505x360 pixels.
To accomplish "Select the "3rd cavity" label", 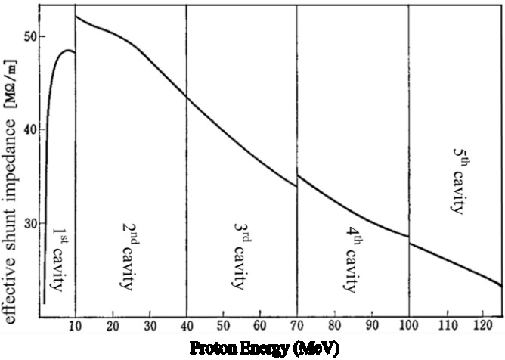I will [x=240, y=246].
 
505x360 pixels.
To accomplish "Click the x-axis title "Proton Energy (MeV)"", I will [x=254, y=349].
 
